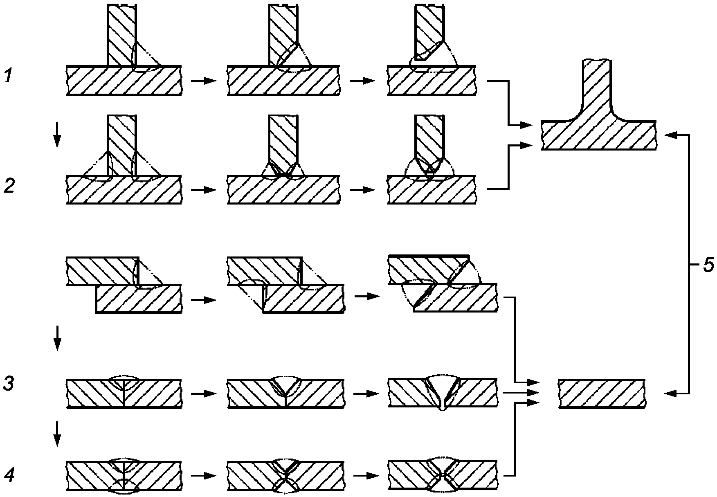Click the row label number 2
(x=9, y=186)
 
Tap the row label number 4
(x=10, y=475)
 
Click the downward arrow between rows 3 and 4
(x=57, y=433)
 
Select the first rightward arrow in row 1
(x=204, y=81)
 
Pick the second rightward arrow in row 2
(x=362, y=190)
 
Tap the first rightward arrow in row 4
(x=204, y=476)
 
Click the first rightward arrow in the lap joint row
(x=204, y=300)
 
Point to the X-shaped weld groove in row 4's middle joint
(x=285, y=476)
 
